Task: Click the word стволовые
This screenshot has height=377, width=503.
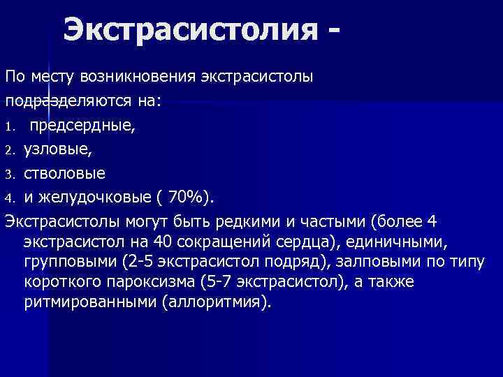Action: (65, 174)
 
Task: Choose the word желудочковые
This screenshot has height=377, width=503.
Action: (92, 198)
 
